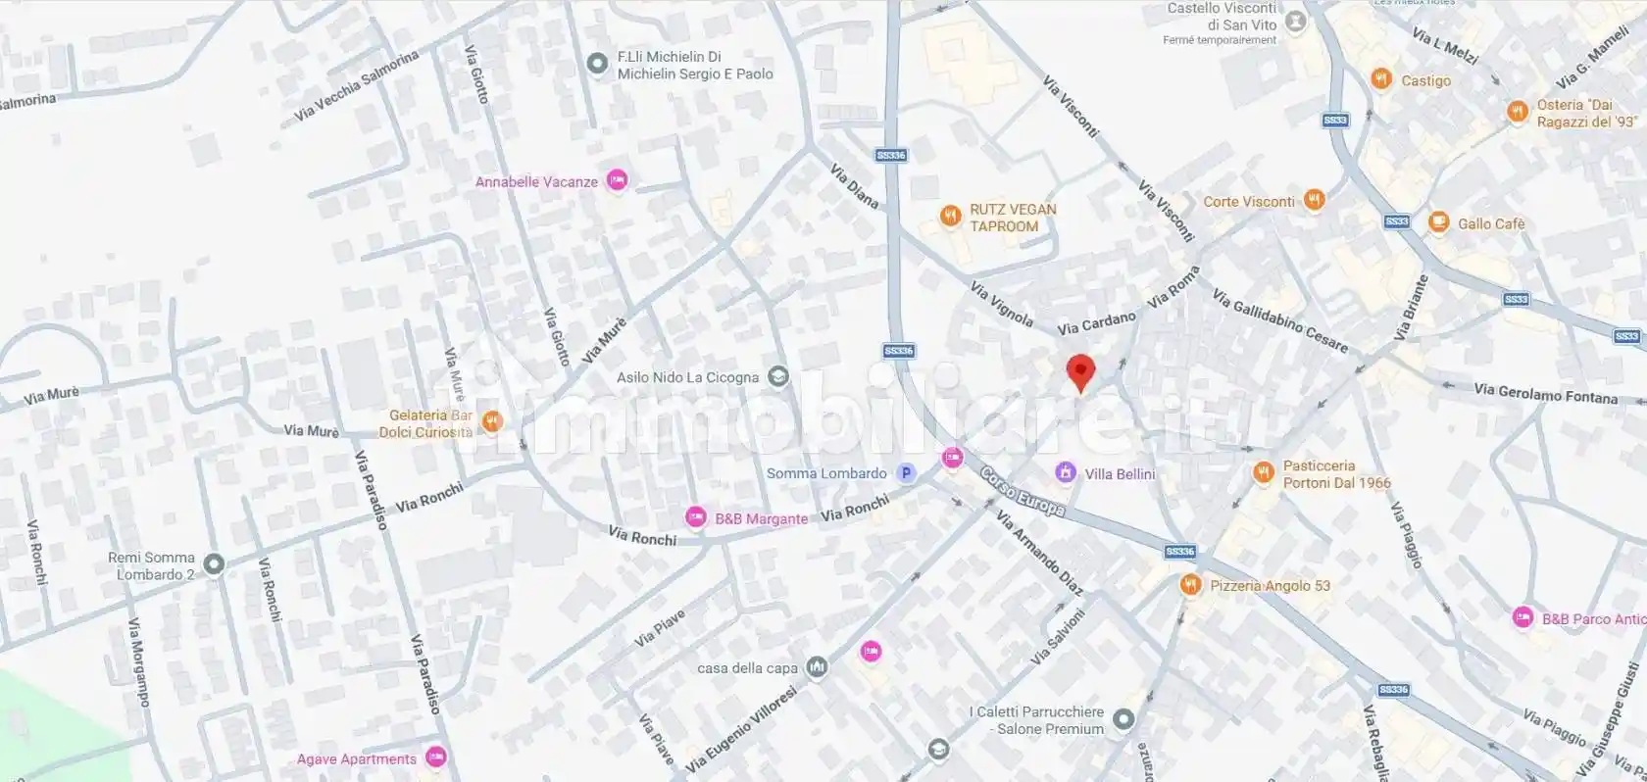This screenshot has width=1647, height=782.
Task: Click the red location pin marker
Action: pyautogui.click(x=1079, y=373)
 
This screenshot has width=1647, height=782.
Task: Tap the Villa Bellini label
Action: pyautogui.click(x=1120, y=474)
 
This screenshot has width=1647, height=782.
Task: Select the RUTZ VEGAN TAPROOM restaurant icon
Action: pyautogui.click(x=949, y=217)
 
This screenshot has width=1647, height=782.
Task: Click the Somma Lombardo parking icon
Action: pyautogui.click(x=907, y=473)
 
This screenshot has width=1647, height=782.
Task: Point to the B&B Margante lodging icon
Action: pyautogui.click(x=695, y=517)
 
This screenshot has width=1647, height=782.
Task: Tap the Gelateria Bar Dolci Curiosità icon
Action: pyautogui.click(x=492, y=421)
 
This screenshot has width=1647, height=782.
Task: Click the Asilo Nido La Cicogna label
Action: pyautogui.click(x=687, y=377)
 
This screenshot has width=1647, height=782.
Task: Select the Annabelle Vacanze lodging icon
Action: pyautogui.click(x=617, y=180)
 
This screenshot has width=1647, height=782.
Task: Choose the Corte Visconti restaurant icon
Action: pyautogui.click(x=1314, y=200)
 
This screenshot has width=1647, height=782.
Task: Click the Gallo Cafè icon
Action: pyautogui.click(x=1438, y=222)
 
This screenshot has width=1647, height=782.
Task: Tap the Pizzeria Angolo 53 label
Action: pyautogui.click(x=1270, y=586)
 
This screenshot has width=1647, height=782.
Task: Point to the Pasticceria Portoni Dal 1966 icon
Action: pyautogui.click(x=1263, y=473)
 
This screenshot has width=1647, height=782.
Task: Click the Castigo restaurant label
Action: pyautogui.click(x=1425, y=80)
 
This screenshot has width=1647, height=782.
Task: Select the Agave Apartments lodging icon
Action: pyautogui.click(x=436, y=757)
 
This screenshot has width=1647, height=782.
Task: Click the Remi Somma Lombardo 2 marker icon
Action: pyautogui.click(x=214, y=563)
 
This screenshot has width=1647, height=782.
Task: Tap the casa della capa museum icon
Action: pyautogui.click(x=817, y=667)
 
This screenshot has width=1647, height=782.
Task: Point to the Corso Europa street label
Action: pyautogui.click(x=1023, y=491)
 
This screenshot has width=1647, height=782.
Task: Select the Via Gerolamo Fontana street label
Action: pyautogui.click(x=1545, y=394)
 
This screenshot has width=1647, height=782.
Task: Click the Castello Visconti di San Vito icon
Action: pyautogui.click(x=1296, y=21)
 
